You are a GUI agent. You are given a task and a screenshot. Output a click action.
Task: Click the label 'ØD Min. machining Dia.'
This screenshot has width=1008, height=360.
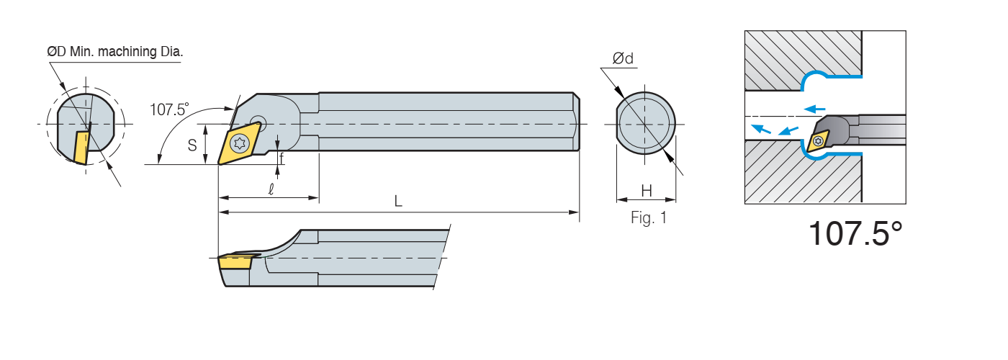(114, 52)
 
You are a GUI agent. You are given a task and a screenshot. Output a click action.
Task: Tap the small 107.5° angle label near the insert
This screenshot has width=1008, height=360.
(169, 109)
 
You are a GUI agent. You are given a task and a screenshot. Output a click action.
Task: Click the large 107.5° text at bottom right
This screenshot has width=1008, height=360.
(855, 233)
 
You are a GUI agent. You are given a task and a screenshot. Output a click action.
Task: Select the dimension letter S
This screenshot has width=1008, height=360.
(192, 145)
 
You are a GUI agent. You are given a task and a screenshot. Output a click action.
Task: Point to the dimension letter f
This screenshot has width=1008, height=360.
(282, 156)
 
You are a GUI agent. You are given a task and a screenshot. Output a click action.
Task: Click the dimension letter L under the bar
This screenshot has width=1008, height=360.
(398, 202)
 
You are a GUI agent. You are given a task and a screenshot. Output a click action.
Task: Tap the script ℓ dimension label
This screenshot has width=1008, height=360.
(271, 189)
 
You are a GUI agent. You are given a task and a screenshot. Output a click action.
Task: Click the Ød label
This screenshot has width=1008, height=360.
(623, 59)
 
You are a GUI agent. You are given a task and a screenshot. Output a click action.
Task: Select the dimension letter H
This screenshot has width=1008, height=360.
(647, 191)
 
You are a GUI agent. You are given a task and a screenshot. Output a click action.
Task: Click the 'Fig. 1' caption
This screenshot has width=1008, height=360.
(649, 218)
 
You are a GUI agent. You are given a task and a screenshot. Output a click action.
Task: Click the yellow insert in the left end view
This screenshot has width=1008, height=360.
(81, 147)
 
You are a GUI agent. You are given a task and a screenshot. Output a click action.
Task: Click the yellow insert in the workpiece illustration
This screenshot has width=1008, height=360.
(819, 141)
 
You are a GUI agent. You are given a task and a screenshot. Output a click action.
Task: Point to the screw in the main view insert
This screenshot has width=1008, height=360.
(238, 143)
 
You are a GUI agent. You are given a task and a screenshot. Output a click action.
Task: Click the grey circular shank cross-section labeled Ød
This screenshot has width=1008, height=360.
(646, 123)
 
